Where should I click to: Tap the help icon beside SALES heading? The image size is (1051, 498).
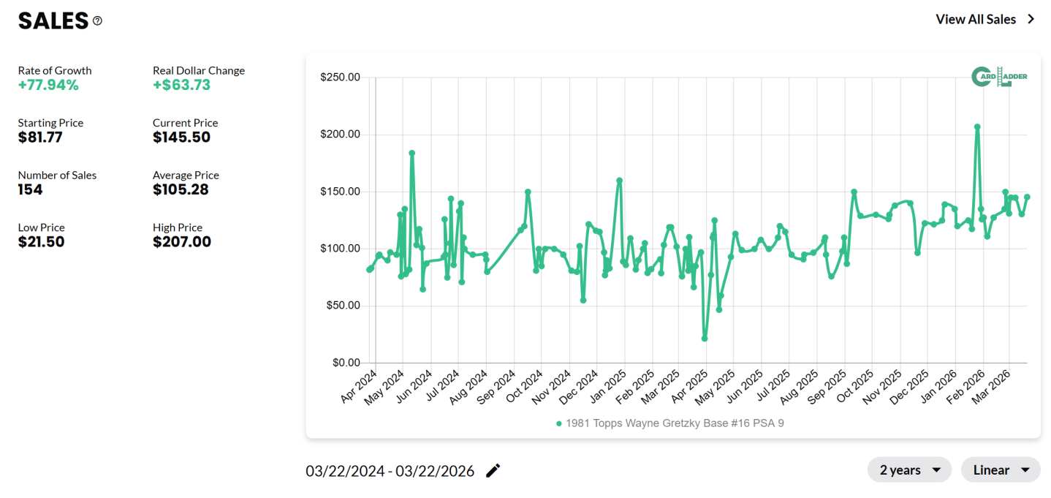pos(98,21)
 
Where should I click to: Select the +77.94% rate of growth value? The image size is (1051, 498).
pos(48,85)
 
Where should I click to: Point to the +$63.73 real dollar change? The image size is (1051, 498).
pos(181,85)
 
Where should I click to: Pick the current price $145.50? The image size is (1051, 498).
pos(181,137)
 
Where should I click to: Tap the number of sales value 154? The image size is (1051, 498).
pos(31,189)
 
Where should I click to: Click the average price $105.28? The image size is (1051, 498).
pos(181,189)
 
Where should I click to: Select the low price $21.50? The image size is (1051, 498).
pos(41,241)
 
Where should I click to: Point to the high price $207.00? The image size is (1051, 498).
pos(182,241)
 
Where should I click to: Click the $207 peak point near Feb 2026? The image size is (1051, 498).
pos(977,127)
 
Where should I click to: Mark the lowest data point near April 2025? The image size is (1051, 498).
pos(705,339)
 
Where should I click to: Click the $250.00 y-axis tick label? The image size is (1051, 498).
pos(340,78)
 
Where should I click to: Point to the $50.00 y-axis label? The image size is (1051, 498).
pos(343,306)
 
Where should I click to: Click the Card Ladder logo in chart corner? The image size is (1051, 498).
pos(1000,77)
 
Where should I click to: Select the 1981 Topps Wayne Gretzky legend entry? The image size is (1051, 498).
pos(669,423)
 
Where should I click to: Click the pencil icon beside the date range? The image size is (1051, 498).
pos(493,470)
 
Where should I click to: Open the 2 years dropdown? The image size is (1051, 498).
pos(909,469)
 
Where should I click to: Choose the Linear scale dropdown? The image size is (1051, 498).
pos(1000,469)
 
